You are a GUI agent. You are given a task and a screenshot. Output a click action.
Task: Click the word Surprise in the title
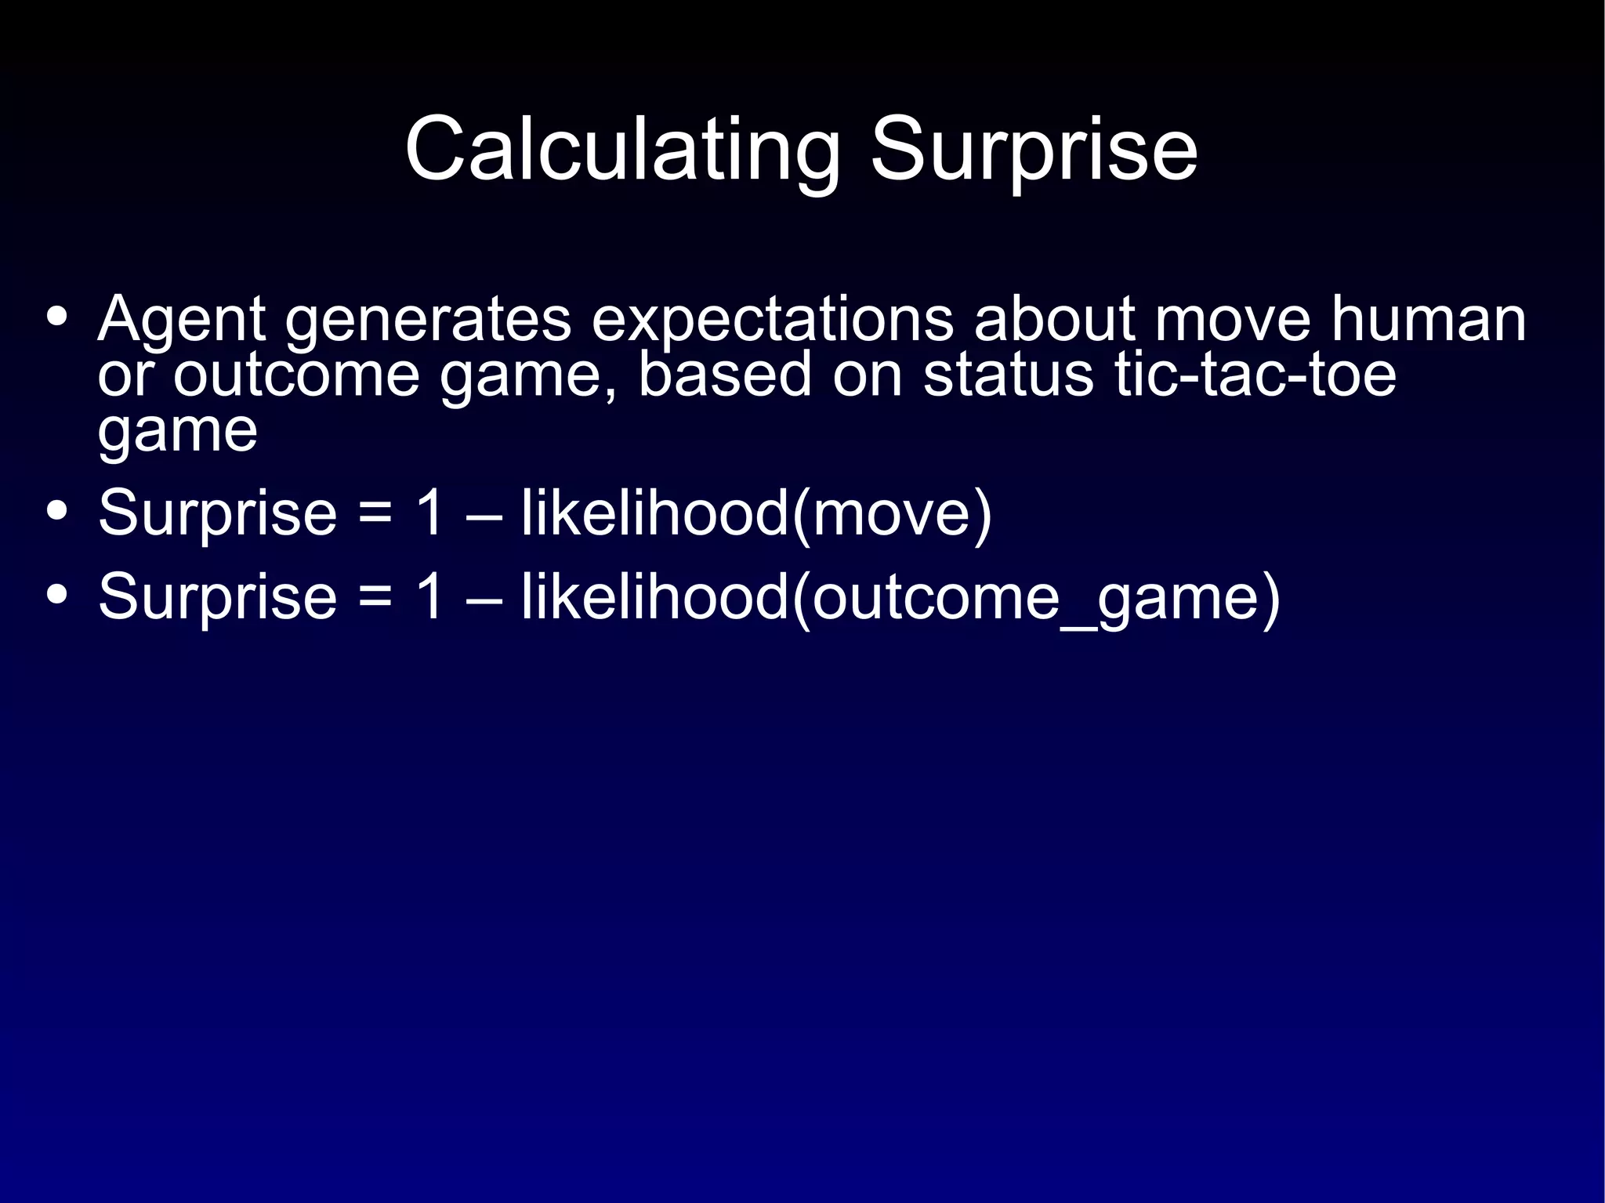(x=1034, y=149)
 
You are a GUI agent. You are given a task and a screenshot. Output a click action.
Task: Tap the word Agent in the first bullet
(x=181, y=320)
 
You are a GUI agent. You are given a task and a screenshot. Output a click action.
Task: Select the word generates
(x=428, y=320)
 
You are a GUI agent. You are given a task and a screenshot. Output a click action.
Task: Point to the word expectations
(x=772, y=320)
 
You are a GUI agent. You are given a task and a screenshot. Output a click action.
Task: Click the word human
(x=1429, y=320)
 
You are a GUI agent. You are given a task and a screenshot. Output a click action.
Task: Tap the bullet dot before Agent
(x=56, y=317)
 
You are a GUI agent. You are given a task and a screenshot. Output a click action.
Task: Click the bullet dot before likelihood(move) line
(x=56, y=511)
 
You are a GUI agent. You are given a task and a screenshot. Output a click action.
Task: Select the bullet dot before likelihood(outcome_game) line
(x=56, y=595)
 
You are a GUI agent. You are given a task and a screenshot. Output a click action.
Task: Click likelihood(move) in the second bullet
(x=756, y=513)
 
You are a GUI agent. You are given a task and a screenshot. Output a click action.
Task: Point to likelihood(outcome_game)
(x=900, y=598)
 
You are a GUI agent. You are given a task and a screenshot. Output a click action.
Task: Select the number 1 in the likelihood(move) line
(x=430, y=513)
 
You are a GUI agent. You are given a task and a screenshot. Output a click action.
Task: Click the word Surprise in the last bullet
(x=217, y=597)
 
